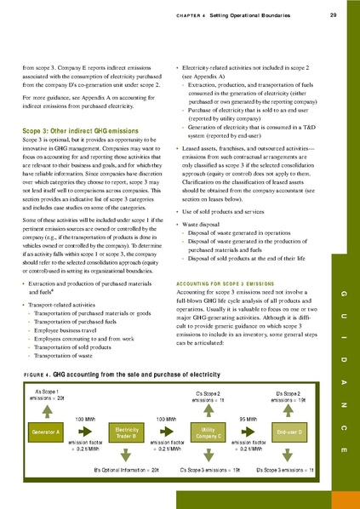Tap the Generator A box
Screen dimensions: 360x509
click(46, 432)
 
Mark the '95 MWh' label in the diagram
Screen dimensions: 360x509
click(249, 420)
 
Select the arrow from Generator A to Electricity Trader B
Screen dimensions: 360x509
click(86, 433)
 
